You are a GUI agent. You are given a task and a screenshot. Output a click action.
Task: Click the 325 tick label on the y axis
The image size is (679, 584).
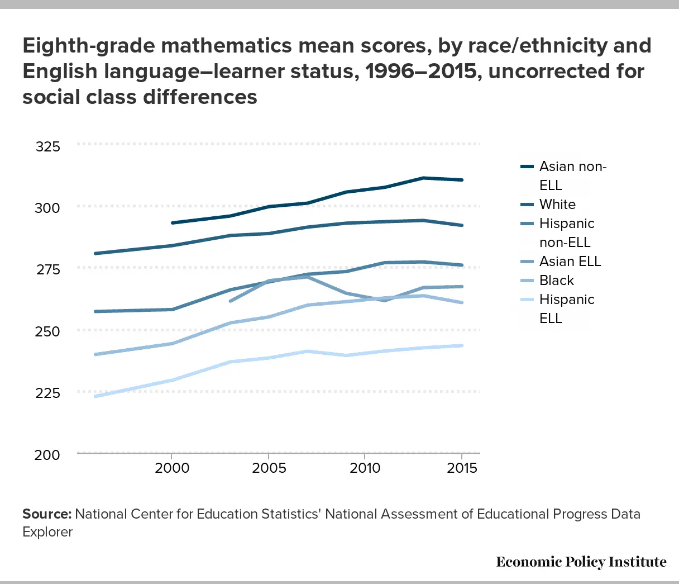[47, 147]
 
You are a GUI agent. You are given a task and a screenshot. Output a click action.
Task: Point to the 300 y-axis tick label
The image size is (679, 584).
[47, 208]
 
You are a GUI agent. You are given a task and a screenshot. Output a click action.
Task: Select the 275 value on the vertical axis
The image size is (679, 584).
[47, 270]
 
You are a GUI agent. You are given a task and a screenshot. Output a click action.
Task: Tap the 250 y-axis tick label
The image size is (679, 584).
[47, 331]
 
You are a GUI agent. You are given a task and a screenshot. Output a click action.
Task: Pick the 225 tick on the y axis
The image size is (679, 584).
[47, 393]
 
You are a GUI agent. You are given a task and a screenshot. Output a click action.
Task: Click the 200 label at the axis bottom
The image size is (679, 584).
[47, 455]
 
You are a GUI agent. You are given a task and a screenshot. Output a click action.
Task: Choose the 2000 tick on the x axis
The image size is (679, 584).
[172, 468]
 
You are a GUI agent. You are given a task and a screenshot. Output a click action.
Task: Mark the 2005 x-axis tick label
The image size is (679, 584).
[269, 468]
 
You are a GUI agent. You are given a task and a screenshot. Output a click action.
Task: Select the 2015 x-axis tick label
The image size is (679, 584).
[461, 468]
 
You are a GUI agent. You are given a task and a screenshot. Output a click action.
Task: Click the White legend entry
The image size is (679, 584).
[557, 205]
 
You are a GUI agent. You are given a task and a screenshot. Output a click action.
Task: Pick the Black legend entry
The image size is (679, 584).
[557, 281]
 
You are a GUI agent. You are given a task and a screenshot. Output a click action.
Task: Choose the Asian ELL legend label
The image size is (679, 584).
[570, 262]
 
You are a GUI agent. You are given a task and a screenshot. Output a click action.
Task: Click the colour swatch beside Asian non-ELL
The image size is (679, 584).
[527, 167]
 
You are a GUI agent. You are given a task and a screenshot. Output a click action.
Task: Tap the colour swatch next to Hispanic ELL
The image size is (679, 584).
[527, 300]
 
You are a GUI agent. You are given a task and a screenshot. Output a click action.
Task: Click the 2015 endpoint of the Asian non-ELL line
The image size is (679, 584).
[462, 180]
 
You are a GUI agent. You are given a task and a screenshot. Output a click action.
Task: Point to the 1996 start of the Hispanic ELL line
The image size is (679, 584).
[95, 396]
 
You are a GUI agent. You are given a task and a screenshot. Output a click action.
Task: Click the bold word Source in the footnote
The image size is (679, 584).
[46, 514]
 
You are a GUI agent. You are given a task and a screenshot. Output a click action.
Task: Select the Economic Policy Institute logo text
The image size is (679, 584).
[581, 562]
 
